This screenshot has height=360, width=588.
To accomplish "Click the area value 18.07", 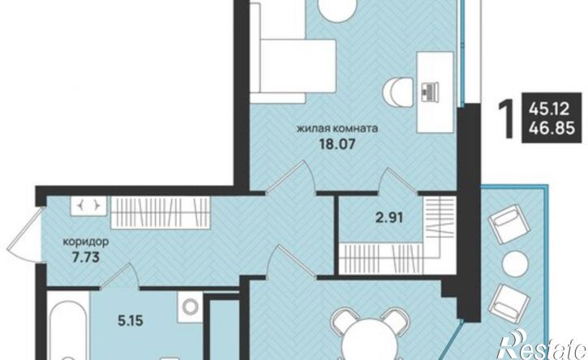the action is (x=337, y=144).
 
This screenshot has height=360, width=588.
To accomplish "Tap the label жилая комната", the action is (x=337, y=129).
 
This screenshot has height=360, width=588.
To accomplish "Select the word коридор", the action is (x=85, y=242).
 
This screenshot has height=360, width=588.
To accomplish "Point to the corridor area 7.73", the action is (x=85, y=257).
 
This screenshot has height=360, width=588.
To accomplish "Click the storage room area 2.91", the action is (x=388, y=217).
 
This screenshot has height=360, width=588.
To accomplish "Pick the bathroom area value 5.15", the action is (x=130, y=321).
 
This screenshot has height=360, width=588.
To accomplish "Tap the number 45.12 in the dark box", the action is (x=548, y=110).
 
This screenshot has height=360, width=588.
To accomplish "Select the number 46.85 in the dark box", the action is (x=552, y=129).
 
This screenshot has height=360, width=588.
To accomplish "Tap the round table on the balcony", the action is (x=514, y=264).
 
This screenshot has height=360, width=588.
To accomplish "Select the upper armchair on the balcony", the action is (x=509, y=225).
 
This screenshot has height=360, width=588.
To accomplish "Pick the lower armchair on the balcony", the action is (x=509, y=303).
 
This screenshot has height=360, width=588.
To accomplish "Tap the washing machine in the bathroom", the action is (x=190, y=306).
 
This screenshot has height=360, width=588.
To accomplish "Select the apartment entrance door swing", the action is (x=24, y=235).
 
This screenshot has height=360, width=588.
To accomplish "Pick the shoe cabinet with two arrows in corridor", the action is (x=89, y=206).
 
